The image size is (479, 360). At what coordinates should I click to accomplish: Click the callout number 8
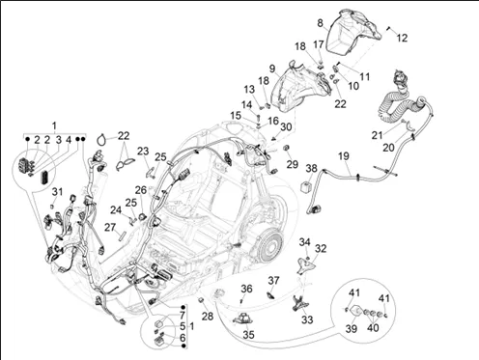[320, 23]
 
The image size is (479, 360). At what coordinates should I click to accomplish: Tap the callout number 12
[402, 38]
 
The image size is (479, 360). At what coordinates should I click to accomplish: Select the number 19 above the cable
[344, 156]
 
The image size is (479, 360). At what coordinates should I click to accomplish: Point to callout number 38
[311, 168]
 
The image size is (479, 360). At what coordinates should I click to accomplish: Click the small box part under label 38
[306, 187]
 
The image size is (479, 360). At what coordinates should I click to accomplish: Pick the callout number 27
[110, 228]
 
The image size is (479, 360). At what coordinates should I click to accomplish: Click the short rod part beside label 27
[122, 235]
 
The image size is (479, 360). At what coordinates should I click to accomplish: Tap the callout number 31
[57, 192]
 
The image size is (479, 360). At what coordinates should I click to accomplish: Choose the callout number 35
[248, 335]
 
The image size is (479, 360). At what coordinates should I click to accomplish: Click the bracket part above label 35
[243, 318]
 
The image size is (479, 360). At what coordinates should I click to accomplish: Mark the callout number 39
[352, 329]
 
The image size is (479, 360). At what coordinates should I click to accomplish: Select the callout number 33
[307, 319]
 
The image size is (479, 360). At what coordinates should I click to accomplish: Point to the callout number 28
[208, 317]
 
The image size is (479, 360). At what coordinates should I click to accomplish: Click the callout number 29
[293, 164]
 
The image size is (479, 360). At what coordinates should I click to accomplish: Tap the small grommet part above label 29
[287, 148]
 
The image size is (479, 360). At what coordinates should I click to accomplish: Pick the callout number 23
[143, 151]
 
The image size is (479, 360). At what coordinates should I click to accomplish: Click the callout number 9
[272, 69]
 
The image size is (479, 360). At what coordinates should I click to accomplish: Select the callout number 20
[388, 148]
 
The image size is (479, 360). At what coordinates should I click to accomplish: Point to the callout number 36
[246, 289]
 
